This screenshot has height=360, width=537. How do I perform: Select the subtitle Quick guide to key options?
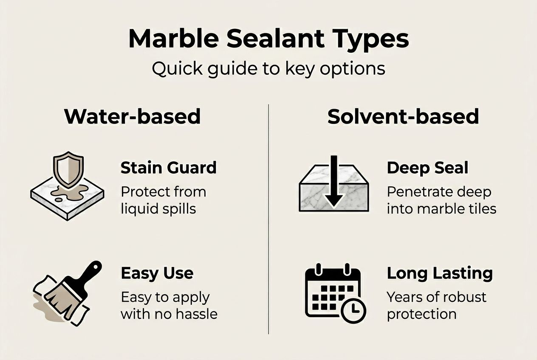tap(268, 68)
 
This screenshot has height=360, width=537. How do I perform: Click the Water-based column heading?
tap(132, 116)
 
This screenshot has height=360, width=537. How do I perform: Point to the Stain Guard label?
tap(168, 168)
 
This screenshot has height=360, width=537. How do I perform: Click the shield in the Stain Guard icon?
tap(68, 170)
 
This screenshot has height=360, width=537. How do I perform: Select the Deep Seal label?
tap(427, 168)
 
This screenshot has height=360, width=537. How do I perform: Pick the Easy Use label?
tap(157, 273)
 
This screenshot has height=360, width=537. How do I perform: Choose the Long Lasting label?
tap(439, 273)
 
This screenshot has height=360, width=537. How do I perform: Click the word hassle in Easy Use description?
tap(197, 314)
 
